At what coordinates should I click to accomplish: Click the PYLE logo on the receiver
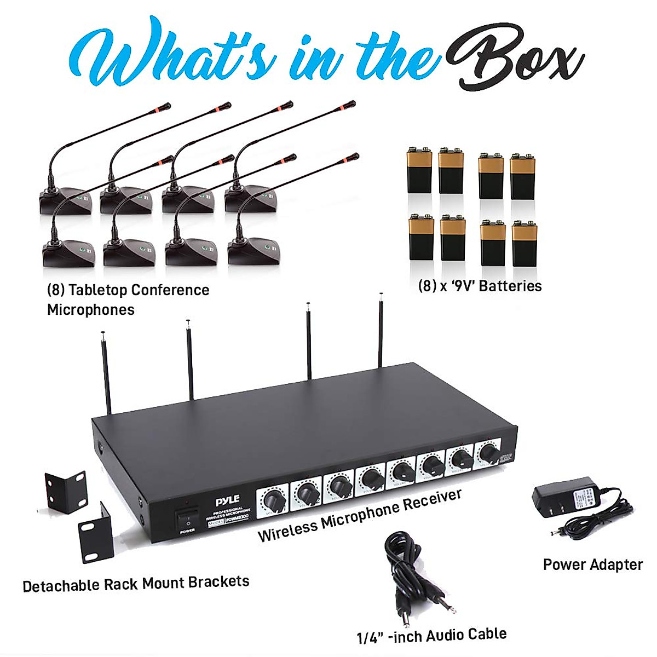(227, 501)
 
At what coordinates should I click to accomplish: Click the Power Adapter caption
(592, 564)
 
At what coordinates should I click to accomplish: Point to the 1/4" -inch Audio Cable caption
(431, 636)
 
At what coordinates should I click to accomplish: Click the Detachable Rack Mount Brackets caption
(136, 584)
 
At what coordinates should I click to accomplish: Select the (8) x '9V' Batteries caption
(480, 286)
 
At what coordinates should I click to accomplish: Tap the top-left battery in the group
(420, 170)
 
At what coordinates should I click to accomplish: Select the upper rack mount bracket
(66, 491)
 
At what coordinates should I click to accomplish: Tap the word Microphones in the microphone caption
(91, 310)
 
